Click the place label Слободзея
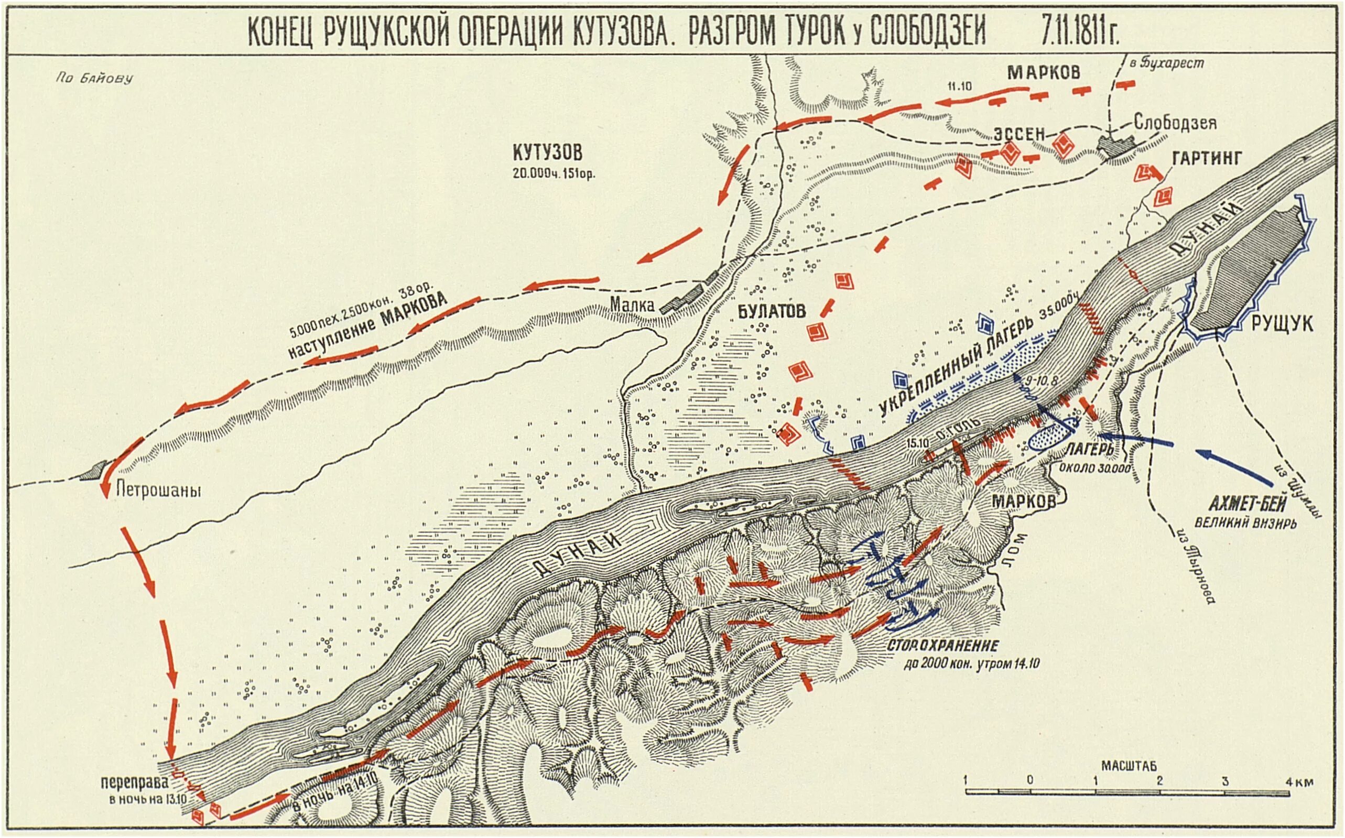1175,123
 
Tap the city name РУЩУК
1281,324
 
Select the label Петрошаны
158,491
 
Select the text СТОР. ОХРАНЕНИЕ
942,646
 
